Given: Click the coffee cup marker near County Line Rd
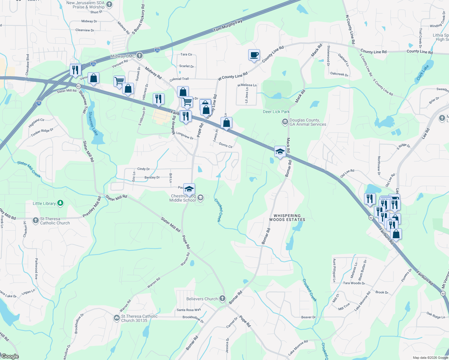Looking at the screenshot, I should [254, 55].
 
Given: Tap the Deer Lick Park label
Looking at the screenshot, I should [276, 112].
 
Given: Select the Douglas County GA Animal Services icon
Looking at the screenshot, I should [285, 122].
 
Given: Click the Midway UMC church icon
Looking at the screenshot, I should [139, 56].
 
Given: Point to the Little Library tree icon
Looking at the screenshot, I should [60, 203].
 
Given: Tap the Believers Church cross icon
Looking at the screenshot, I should [222, 298].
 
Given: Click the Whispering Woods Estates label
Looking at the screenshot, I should [287, 218].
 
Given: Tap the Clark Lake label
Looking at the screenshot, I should [423, 73].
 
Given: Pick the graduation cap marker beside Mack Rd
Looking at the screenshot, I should [280, 152].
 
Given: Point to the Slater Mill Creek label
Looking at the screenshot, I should [29, 169].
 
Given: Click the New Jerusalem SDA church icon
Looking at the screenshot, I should [109, 4].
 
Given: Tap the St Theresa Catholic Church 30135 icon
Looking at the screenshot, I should [117, 318].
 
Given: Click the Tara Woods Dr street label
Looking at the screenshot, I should [354, 283].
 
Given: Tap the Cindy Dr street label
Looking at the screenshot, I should [143, 169].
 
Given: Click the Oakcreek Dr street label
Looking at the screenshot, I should [339, 74].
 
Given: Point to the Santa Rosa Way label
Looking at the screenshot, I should [189, 310].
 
